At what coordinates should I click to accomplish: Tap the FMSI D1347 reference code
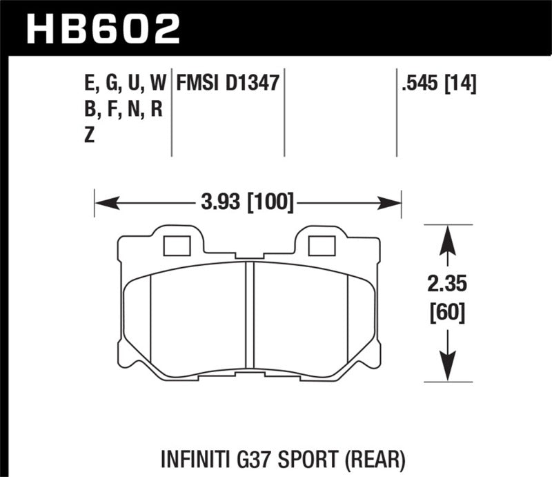227,84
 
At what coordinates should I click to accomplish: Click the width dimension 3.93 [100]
247,203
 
